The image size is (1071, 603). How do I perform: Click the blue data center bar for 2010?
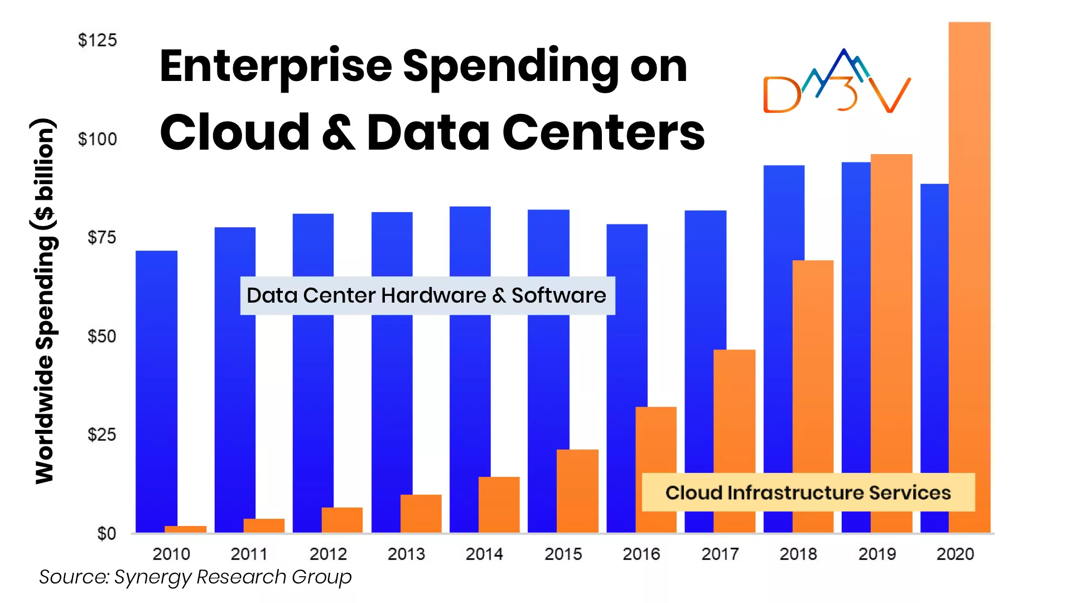(156, 391)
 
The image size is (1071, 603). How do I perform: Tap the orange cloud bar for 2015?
(577, 491)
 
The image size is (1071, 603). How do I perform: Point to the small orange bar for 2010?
(185, 529)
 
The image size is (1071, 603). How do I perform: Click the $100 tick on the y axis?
(98, 139)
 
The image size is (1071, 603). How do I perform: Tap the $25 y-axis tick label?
(102, 435)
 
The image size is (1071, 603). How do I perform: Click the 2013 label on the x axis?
(406, 554)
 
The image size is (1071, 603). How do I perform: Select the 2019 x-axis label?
(877, 554)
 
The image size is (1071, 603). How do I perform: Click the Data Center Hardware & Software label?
(427, 295)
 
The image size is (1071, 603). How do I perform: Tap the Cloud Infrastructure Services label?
(808, 492)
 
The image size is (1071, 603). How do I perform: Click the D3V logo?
(837, 84)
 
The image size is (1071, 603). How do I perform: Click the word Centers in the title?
(604, 133)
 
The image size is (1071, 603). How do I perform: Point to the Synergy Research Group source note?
(195, 577)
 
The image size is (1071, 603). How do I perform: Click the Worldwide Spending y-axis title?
(45, 301)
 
